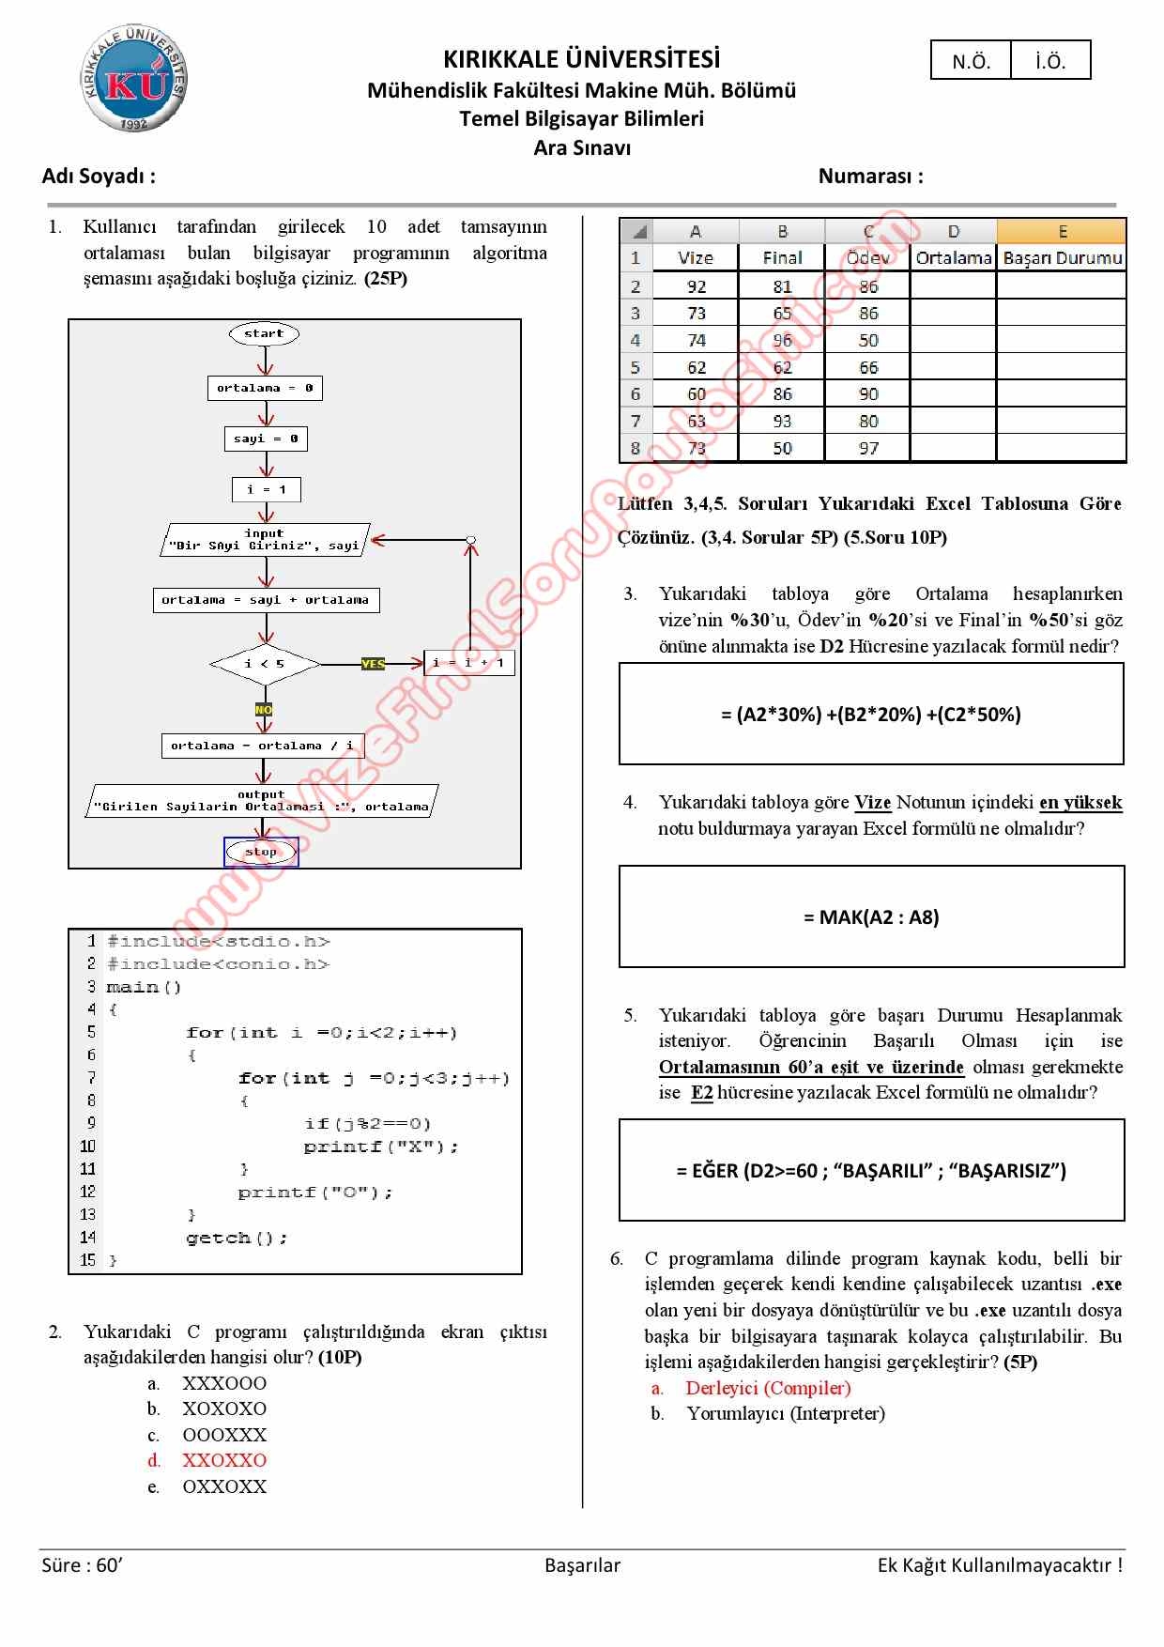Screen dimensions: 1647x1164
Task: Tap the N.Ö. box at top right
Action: pos(971,61)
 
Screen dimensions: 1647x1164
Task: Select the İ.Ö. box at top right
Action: pos(1050,61)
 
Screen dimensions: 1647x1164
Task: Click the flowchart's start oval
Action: pos(264,333)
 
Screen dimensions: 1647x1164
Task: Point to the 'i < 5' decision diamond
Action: pos(265,664)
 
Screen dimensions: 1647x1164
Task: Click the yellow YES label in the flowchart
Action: pos(373,664)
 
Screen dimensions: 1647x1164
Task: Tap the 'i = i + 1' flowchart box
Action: pos(468,663)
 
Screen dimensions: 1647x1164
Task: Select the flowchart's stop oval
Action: pos(261,852)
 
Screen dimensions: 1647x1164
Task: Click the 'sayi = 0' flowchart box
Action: pos(266,439)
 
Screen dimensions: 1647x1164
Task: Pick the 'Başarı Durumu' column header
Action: pos(1062,257)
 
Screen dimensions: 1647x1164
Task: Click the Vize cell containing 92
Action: pos(696,286)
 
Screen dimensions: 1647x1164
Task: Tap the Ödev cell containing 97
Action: pos(868,448)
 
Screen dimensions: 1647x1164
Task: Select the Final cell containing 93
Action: pos(782,421)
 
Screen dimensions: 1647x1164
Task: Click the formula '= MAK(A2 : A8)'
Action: pos(871,916)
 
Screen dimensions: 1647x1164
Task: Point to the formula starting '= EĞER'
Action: pos(871,1170)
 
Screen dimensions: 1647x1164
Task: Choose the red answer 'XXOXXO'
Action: pos(223,1460)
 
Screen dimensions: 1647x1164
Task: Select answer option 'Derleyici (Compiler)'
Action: pos(768,1388)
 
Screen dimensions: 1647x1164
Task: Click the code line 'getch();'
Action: pos(237,1238)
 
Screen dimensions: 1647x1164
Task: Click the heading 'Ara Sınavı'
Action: pos(582,147)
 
